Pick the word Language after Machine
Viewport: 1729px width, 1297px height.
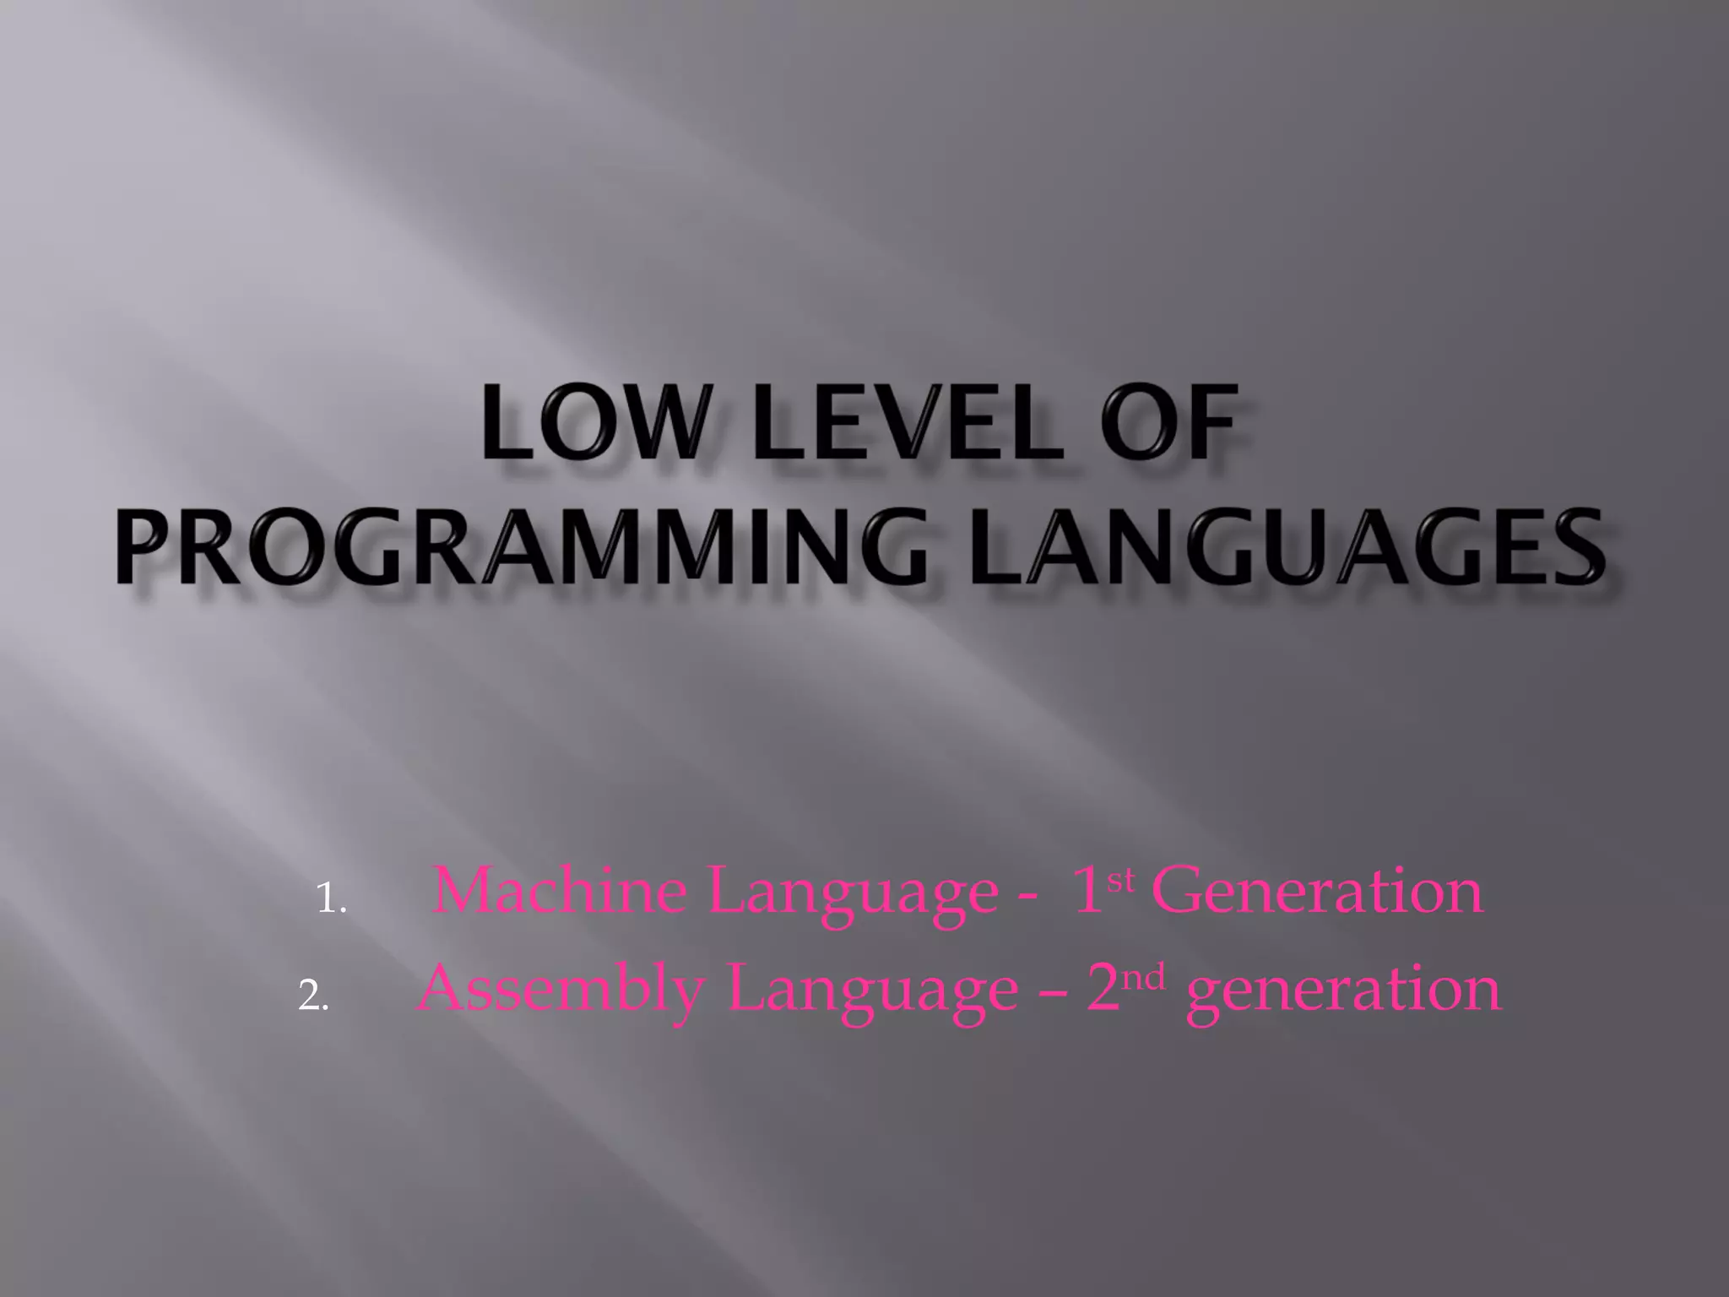[854, 893]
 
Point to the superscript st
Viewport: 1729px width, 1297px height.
[1119, 880]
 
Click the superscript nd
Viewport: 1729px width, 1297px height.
[1145, 977]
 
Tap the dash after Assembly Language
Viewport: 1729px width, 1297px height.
[1052, 995]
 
